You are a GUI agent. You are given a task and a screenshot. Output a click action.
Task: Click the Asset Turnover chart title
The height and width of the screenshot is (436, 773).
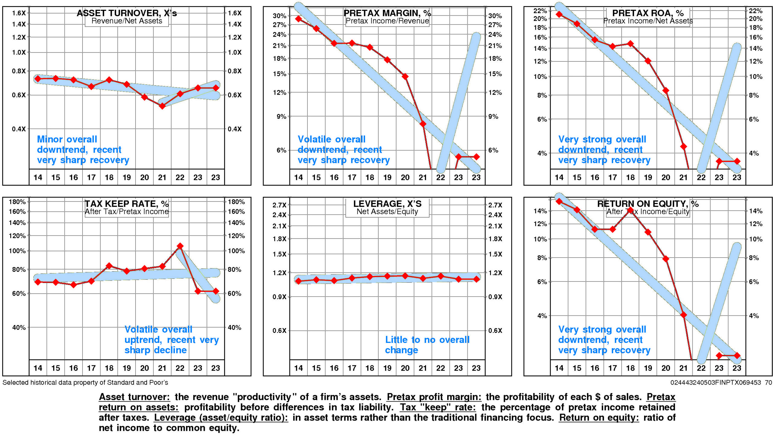(127, 13)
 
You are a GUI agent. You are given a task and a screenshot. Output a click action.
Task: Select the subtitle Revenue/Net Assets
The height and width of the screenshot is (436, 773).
(127, 21)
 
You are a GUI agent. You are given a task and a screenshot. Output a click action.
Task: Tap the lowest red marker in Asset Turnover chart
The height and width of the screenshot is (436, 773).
(162, 106)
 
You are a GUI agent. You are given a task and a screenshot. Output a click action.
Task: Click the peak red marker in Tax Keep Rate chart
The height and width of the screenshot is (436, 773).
(180, 246)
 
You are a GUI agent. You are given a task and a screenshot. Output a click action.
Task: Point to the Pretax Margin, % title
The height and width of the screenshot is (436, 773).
(387, 13)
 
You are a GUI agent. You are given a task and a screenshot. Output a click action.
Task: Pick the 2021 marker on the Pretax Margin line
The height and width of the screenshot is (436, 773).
(423, 124)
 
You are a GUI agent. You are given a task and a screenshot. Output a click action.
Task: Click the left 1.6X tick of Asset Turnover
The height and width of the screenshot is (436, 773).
(19, 13)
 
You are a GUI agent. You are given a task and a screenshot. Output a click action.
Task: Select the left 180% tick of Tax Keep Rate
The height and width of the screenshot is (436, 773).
(17, 202)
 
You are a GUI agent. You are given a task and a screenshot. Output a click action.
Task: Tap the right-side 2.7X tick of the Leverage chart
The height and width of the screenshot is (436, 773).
(495, 205)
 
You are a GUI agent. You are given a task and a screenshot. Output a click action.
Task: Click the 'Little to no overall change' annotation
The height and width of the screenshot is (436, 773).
(427, 345)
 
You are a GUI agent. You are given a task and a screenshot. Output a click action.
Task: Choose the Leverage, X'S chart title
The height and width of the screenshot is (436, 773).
(387, 204)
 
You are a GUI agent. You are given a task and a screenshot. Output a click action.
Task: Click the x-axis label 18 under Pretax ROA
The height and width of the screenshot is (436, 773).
(630, 177)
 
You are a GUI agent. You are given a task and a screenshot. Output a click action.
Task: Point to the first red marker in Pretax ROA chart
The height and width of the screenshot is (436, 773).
(559, 14)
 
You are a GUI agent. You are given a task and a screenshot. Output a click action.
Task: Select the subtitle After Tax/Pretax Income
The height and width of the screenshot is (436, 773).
(127, 212)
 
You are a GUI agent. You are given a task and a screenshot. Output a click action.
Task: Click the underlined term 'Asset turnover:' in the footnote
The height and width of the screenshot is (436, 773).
(134, 397)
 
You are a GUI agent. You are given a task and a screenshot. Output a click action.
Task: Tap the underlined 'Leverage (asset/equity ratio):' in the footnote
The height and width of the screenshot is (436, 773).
(221, 418)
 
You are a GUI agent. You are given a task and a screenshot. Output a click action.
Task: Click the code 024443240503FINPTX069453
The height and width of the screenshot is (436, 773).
(715, 382)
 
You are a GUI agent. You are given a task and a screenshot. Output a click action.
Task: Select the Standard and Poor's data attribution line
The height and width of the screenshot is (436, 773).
(85, 382)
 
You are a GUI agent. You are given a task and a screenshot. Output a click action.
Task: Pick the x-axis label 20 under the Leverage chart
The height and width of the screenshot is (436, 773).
(405, 368)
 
